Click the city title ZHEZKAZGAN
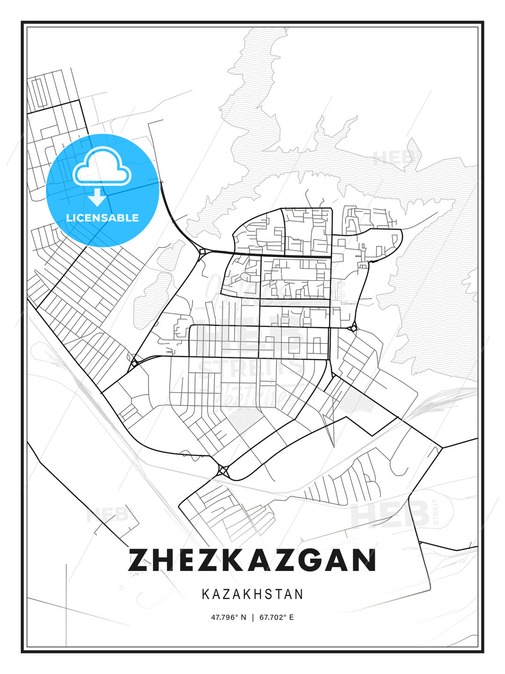pyautogui.click(x=252, y=560)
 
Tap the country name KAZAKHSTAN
pyautogui.click(x=252, y=594)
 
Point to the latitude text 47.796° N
pyautogui.click(x=228, y=617)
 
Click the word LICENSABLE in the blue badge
pyautogui.click(x=102, y=218)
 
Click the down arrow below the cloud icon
pyautogui.click(x=97, y=197)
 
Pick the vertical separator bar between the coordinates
pyautogui.click(x=252, y=617)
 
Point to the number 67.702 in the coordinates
pyautogui.click(x=271, y=617)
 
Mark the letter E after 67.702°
pyautogui.click(x=292, y=617)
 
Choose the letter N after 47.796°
pyautogui.click(x=243, y=617)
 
